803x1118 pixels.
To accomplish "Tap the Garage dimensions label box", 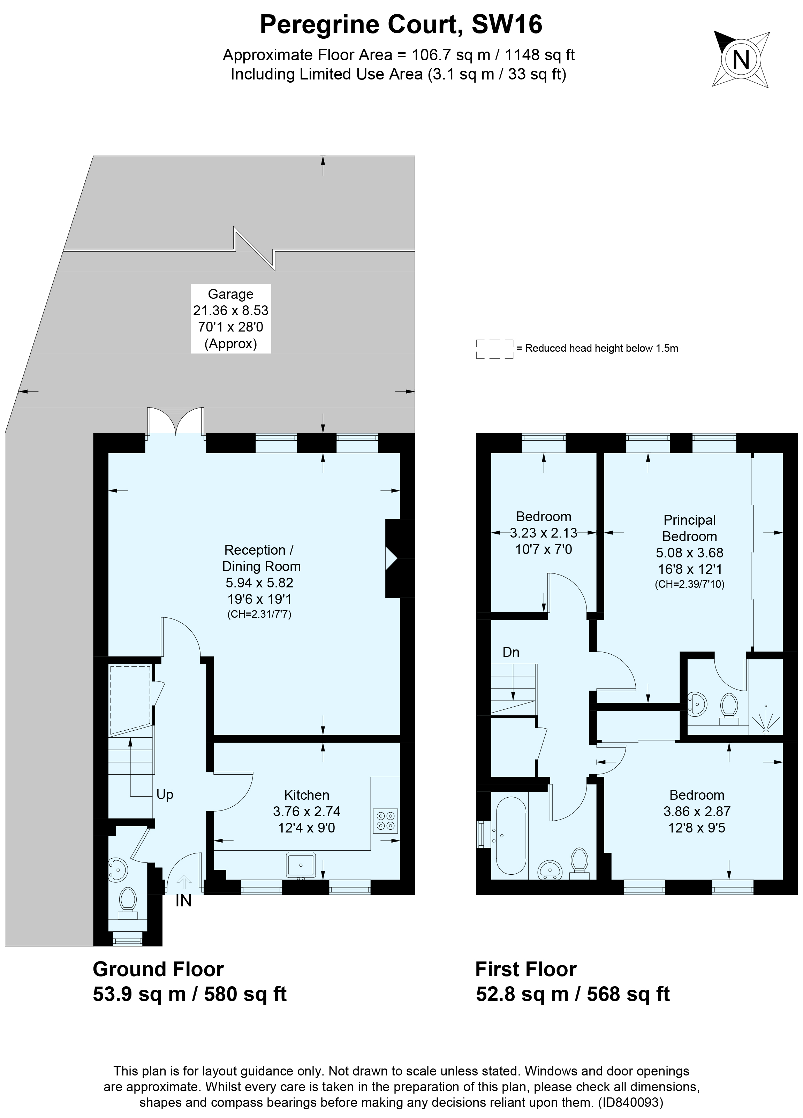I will (231, 318).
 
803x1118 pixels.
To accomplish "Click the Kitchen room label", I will (306, 794).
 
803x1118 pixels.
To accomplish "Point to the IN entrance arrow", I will (184, 881).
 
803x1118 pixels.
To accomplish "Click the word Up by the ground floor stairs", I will (165, 794).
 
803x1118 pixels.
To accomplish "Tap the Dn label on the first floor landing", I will (511, 652).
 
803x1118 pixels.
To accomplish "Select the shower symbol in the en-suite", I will (766, 722).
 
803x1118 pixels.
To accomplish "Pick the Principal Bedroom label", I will (689, 528).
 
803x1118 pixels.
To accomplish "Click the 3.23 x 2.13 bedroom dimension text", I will (543, 533).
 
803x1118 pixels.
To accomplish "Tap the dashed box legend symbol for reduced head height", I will (494, 349).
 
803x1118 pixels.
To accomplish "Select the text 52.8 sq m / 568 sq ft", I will (572, 994).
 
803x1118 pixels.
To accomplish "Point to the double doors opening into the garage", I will (175, 421).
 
